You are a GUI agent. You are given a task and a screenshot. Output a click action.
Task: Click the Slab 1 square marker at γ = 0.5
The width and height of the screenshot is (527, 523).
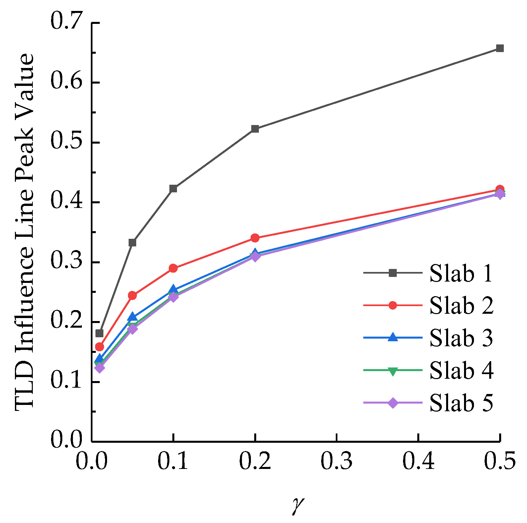500,48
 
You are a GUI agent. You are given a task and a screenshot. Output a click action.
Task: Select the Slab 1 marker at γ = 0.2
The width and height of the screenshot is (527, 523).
255,129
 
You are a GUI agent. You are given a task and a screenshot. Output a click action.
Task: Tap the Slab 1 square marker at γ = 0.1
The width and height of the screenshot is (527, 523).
173,189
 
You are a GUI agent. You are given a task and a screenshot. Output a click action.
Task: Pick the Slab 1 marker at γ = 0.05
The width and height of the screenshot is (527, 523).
132,243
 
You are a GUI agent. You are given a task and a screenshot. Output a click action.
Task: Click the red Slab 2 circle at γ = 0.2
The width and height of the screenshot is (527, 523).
255,238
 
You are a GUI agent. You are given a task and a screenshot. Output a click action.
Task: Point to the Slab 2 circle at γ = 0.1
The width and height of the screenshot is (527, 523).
173,268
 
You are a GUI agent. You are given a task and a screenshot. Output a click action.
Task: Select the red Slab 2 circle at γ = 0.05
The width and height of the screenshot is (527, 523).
132,295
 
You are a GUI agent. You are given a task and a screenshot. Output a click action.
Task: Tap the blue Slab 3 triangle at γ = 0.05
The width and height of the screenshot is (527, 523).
132,317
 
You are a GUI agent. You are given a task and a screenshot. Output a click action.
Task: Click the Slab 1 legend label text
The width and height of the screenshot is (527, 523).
461,274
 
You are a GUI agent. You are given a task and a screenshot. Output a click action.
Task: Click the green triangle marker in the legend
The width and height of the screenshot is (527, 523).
393,371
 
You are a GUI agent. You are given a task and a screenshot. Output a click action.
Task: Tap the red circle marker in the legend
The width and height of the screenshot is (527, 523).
393,305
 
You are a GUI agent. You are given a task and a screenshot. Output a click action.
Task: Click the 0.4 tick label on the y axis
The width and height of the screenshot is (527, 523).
66,202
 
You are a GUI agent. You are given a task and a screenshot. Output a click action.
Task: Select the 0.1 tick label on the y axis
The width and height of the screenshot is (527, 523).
66,381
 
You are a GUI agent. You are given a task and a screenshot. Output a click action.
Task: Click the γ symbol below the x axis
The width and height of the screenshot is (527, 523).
297,504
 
